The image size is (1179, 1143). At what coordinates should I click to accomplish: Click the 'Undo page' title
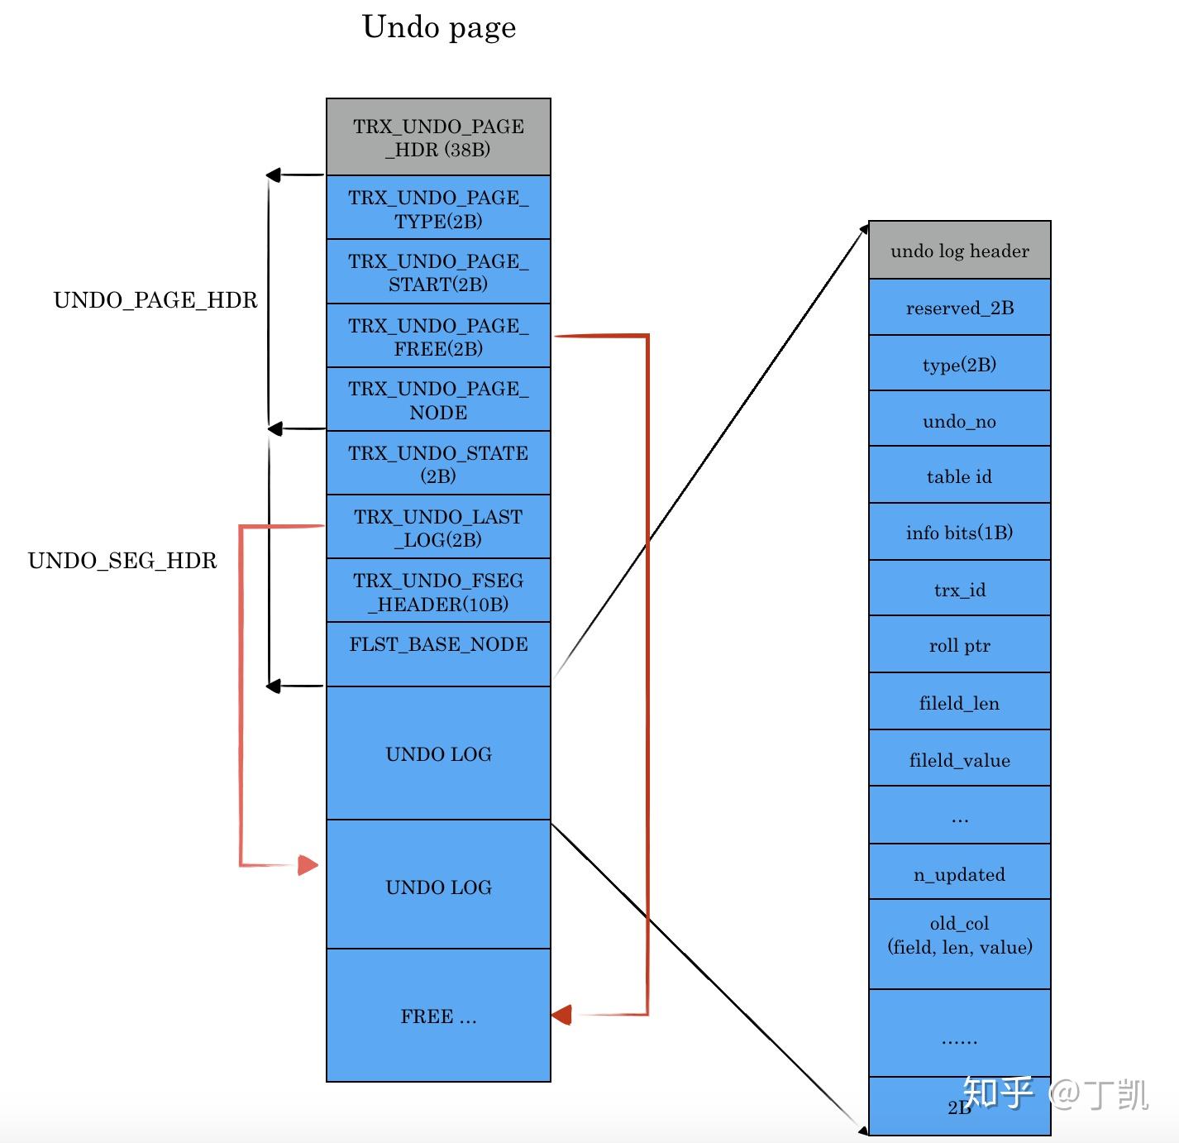(x=439, y=27)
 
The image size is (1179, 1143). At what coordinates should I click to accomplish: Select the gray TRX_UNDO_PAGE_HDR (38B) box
(x=438, y=137)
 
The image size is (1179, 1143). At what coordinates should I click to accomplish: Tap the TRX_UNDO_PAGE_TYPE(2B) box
(x=438, y=208)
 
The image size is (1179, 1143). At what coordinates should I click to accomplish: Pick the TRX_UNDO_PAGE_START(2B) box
(x=438, y=272)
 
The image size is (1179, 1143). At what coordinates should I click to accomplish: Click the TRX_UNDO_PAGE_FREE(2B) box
(x=438, y=337)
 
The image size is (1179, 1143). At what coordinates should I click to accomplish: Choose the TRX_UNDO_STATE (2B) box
(x=438, y=464)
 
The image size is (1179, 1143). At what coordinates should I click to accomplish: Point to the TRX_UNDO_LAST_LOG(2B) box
(x=438, y=528)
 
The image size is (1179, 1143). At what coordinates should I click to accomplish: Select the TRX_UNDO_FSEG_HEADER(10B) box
(x=438, y=591)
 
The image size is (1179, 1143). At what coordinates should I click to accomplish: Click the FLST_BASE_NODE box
(x=438, y=654)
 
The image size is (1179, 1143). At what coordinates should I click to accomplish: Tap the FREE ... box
(x=438, y=1016)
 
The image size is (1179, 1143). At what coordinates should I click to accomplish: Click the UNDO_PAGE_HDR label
(x=155, y=300)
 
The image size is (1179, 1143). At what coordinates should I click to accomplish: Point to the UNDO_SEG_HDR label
(x=122, y=561)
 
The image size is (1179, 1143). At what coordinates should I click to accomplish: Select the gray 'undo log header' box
(x=959, y=251)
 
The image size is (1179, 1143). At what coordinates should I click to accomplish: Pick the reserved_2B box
(x=959, y=308)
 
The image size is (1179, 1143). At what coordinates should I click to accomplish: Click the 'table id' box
(x=959, y=476)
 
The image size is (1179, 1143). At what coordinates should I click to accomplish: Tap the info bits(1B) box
(x=959, y=533)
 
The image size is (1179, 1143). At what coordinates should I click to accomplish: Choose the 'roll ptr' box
(x=959, y=645)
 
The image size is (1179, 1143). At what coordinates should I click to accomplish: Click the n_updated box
(x=959, y=873)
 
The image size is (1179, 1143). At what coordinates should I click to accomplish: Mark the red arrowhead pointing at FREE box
(x=562, y=1015)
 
